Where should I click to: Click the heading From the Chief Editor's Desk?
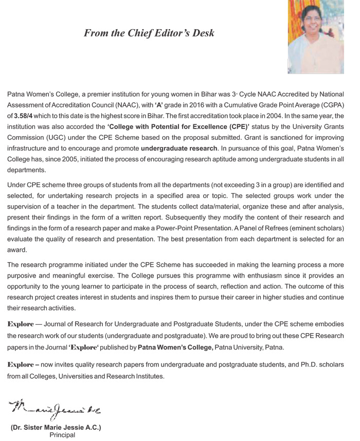pyautogui.click(x=149, y=33)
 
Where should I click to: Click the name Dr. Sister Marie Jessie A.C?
pyautogui.click(x=56, y=428)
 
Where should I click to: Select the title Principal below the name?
pyautogui.click(x=62, y=435)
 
